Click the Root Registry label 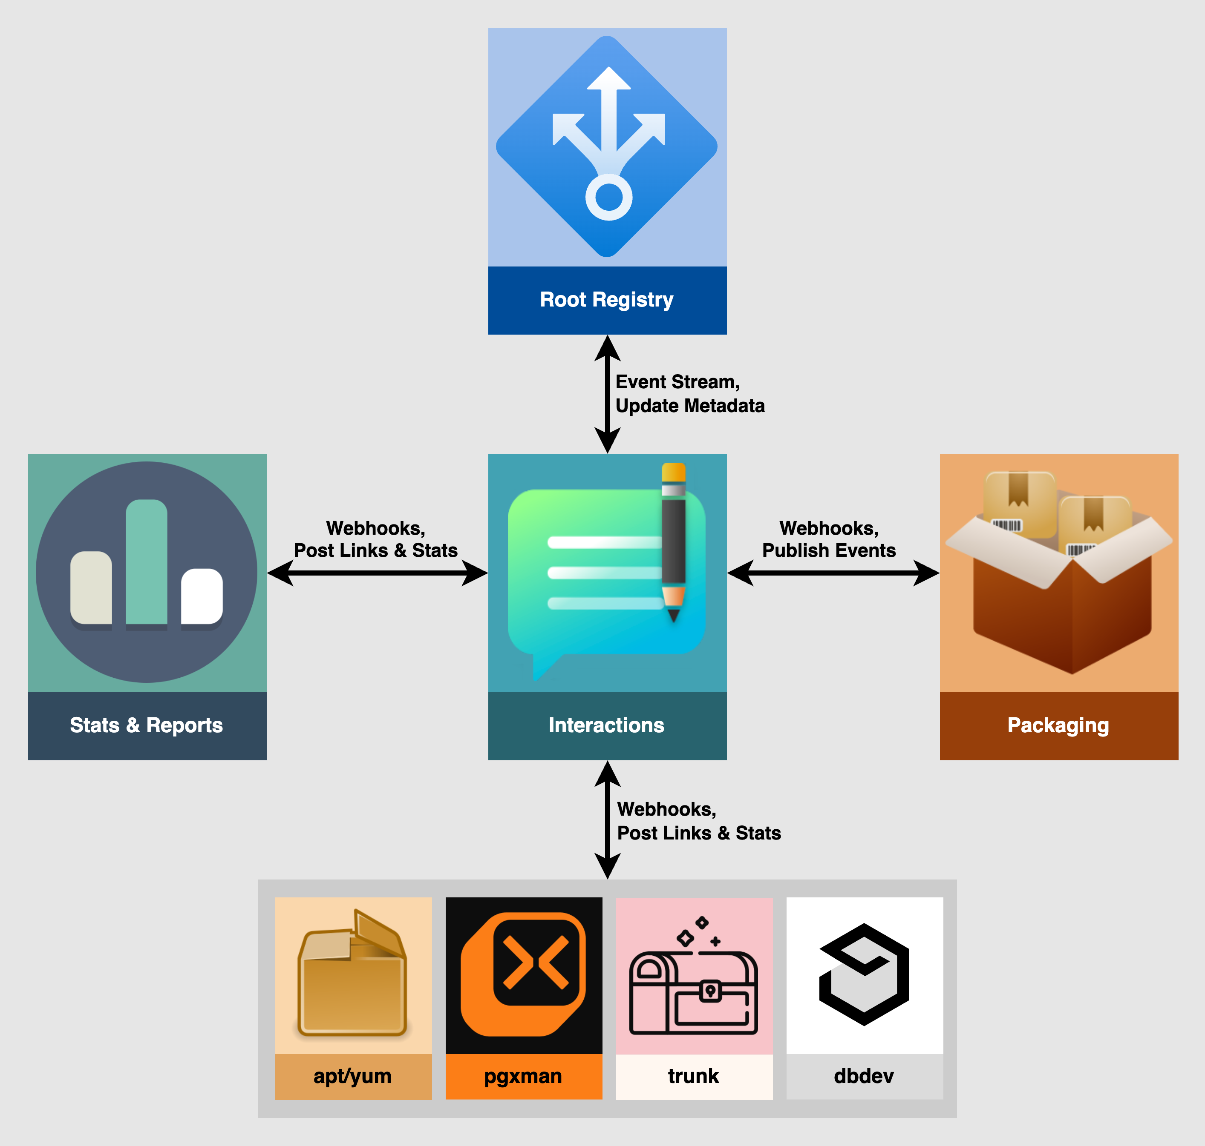(606, 300)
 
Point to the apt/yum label (353, 1076)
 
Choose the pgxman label (523, 1076)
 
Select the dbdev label (864, 1076)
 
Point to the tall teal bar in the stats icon (147, 562)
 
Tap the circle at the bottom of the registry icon (608, 197)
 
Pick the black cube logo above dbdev (864, 974)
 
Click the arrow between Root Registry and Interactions (608, 394)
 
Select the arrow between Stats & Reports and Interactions (377, 573)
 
